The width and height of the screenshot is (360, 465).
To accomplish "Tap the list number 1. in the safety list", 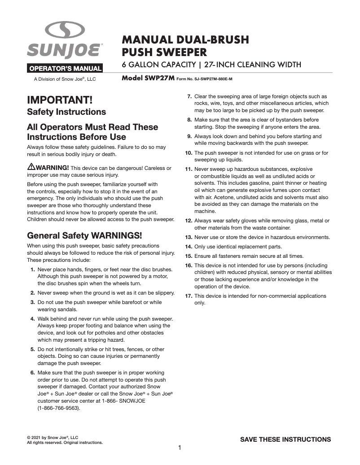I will [33, 269].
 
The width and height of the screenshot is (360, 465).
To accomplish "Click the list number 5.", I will [33, 349].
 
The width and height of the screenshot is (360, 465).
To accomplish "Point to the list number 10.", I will [189, 153].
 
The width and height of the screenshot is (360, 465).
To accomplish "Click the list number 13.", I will [189, 237].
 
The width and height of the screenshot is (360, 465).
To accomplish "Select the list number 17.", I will [189, 296].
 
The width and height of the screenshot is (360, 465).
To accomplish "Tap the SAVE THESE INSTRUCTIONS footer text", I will [285, 439].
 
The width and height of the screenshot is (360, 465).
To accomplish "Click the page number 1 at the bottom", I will [180, 448].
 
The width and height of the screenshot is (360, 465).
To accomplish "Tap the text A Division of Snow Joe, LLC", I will [65, 79].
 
